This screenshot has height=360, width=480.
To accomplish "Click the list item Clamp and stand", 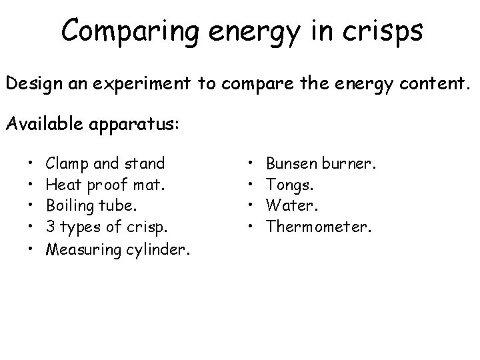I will [x=106, y=162].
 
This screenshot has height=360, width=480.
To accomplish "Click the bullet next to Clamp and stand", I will [x=31, y=163].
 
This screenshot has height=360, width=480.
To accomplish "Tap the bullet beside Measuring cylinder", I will [x=31, y=249].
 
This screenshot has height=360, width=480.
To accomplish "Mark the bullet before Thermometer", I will [x=251, y=228].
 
